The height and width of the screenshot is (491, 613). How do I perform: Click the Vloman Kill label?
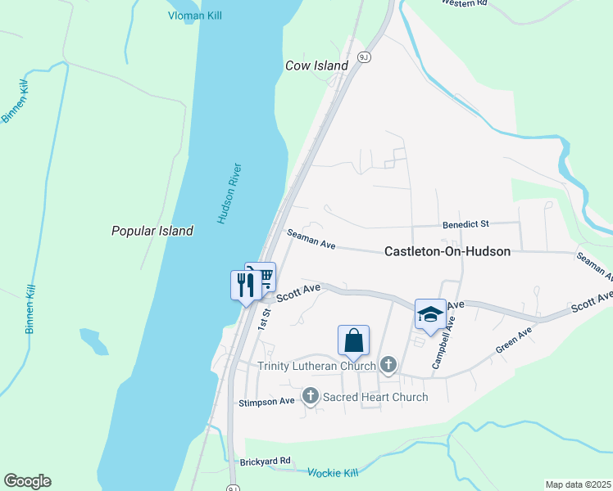(x=195, y=16)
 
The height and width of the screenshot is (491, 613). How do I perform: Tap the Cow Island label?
(x=316, y=65)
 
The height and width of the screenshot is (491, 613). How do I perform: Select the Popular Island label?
(x=152, y=231)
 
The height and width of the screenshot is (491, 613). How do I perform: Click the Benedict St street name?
(x=465, y=223)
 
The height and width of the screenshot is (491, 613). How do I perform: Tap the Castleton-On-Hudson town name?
(x=447, y=251)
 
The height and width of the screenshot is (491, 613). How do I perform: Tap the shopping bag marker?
(x=353, y=340)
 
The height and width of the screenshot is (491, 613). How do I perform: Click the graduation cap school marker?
(x=430, y=313)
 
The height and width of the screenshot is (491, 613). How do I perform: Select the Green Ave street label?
(x=514, y=340)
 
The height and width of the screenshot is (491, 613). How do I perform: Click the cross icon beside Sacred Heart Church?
(x=311, y=397)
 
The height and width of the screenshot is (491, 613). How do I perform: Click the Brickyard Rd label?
(x=266, y=462)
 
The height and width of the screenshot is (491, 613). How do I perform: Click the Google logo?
(x=27, y=481)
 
